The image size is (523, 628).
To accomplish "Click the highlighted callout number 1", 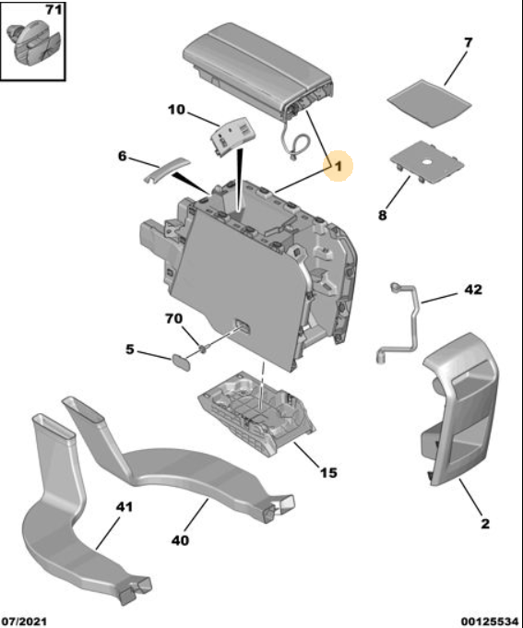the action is tap(339, 165).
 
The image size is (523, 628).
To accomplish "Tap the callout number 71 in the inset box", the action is tap(53, 9).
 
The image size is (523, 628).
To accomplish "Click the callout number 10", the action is tap(176, 110).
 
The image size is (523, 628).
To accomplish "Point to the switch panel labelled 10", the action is tap(232, 137).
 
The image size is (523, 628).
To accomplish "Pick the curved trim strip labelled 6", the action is tap(167, 170).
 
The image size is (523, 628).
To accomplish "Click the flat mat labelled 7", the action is tap(429, 103).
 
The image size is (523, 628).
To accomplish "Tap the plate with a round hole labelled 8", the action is tap(427, 161).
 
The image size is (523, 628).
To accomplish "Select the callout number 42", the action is tap(473, 290).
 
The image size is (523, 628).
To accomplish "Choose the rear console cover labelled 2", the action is tap(459, 409).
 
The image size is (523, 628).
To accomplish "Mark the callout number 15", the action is tap(328, 472).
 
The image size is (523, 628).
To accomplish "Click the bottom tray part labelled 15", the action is tap(256, 412).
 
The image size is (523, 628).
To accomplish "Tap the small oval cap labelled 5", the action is tap(181, 362).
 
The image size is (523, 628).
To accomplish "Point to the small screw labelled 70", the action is tap(203, 350).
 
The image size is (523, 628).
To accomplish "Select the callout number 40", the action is tap(180, 540).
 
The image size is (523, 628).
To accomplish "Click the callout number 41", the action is tap(125, 506).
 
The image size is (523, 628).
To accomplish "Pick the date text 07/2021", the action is tap(24, 622).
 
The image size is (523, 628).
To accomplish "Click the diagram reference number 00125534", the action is tap(490, 622).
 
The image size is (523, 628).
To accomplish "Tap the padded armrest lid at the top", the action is tap(256, 68).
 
